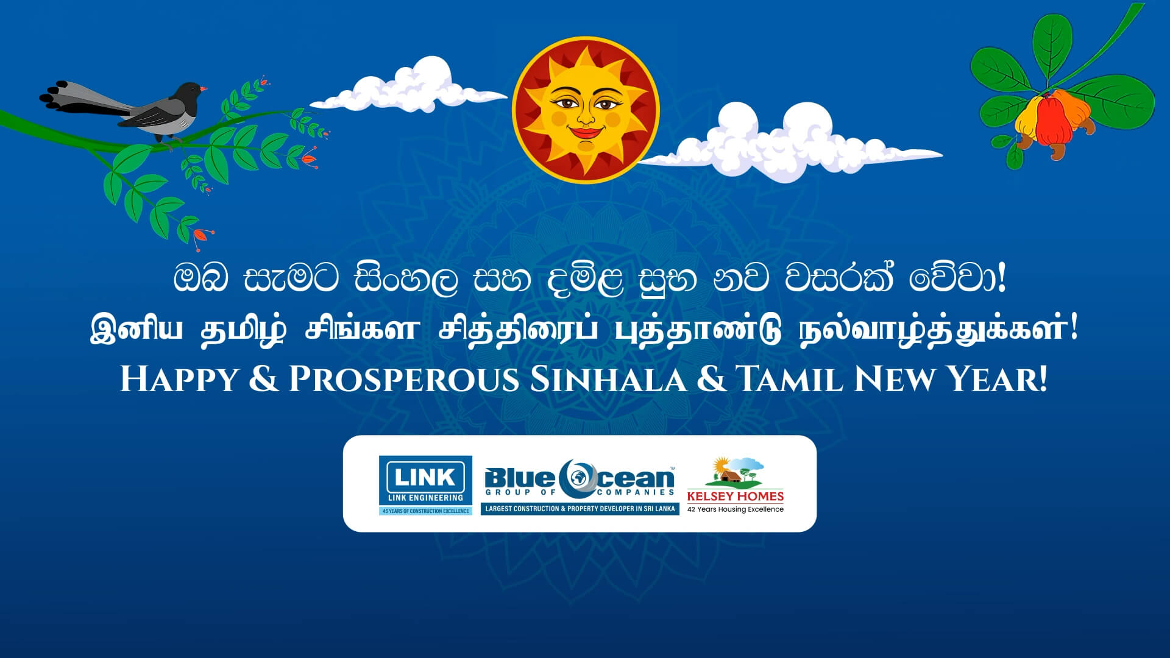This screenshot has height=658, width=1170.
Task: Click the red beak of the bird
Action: tap(204, 89)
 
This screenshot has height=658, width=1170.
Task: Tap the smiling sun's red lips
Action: tap(585, 132)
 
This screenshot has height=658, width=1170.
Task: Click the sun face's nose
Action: tap(586, 115)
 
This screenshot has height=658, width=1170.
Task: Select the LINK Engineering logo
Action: tap(425, 485)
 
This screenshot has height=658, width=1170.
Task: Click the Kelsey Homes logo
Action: tap(736, 485)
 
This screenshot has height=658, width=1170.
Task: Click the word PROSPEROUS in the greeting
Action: tap(403, 379)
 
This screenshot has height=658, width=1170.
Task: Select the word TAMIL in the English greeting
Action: tap(791, 379)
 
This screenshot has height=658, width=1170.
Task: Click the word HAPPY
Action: tap(179, 379)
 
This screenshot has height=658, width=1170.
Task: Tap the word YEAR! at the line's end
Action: tap(998, 379)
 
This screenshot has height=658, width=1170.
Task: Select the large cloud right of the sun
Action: tap(789, 144)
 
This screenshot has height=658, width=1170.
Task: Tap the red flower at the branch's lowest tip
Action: tap(202, 235)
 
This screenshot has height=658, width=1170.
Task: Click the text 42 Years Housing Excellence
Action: tap(736, 509)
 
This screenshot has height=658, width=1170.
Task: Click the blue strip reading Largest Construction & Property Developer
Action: tap(580, 509)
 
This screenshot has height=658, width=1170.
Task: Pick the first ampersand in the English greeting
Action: tap(263, 379)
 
